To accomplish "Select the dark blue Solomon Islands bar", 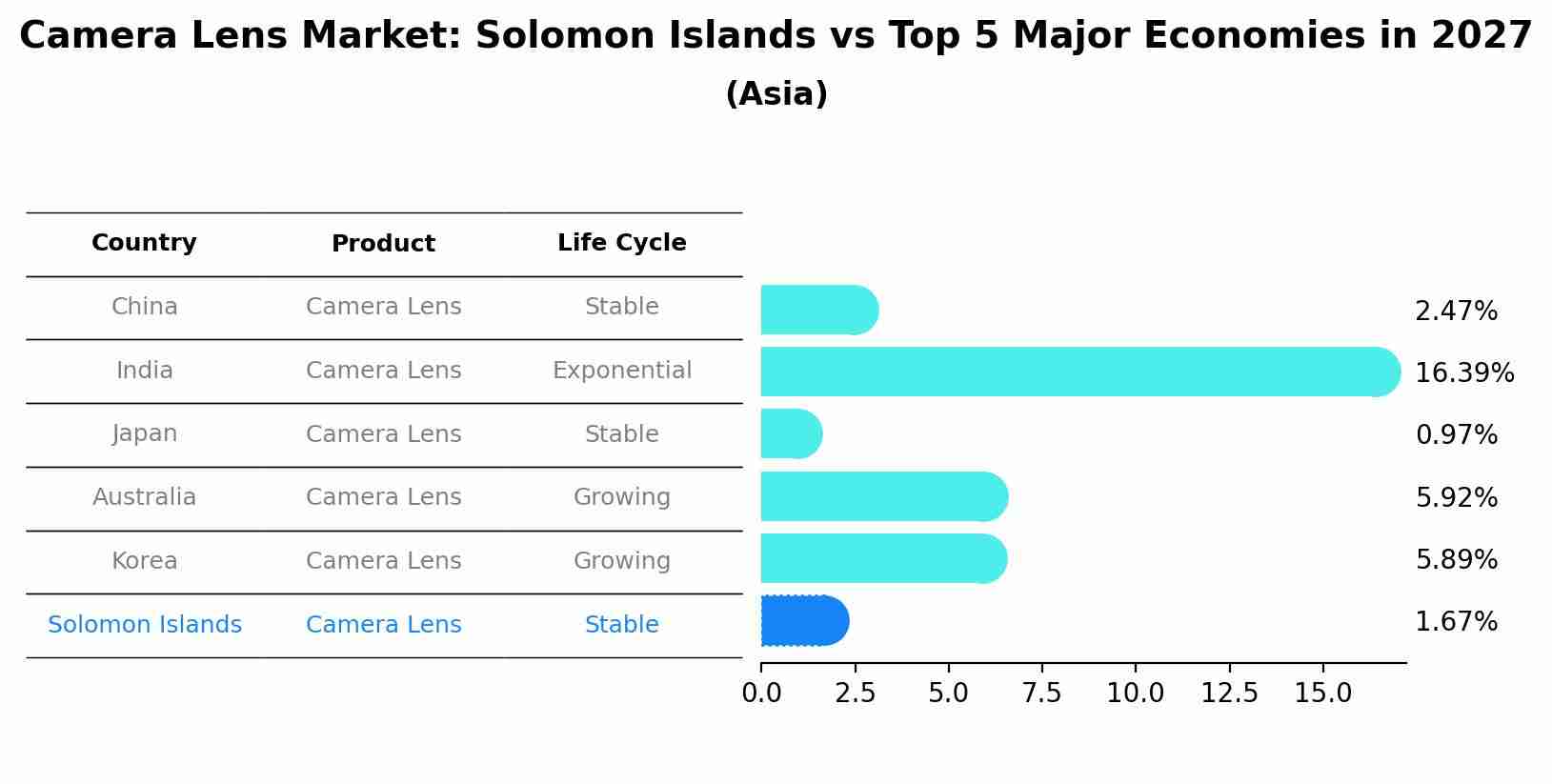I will pyautogui.click(x=804, y=621).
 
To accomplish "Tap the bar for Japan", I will pyautogui.click(x=791, y=434).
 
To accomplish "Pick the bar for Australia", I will pyautogui.click(x=883, y=496).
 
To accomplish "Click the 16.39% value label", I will pyautogui.click(x=1464, y=372).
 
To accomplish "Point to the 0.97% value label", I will pyautogui.click(x=1456, y=435).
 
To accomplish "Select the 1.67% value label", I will pyautogui.click(x=1456, y=622).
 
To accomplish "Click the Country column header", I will pyautogui.click(x=144, y=243).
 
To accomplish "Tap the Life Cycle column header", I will pyautogui.click(x=621, y=243).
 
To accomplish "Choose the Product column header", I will pyautogui.click(x=383, y=244).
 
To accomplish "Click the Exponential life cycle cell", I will pyautogui.click(x=621, y=371).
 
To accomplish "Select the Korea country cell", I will pyautogui.click(x=144, y=561).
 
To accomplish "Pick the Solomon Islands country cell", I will pyautogui.click(x=144, y=625).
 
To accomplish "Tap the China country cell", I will pyautogui.click(x=144, y=307).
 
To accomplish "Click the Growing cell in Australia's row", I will pyautogui.click(x=621, y=497).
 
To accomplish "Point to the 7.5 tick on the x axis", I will pyautogui.click(x=1041, y=694).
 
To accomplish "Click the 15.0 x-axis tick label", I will pyautogui.click(x=1322, y=694).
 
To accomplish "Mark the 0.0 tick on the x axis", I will pyautogui.click(x=761, y=694).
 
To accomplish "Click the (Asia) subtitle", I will pyautogui.click(x=776, y=94).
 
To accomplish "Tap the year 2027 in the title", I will pyautogui.click(x=1481, y=36).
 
